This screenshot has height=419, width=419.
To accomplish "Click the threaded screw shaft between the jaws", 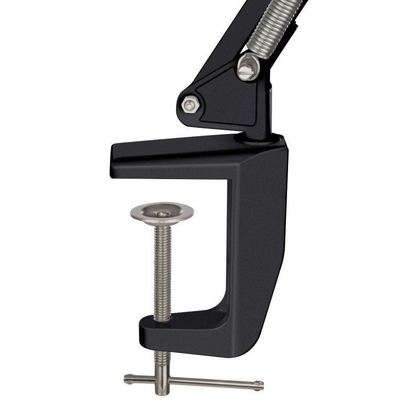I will (162, 267).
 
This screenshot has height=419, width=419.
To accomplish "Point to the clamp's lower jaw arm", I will (183, 327).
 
